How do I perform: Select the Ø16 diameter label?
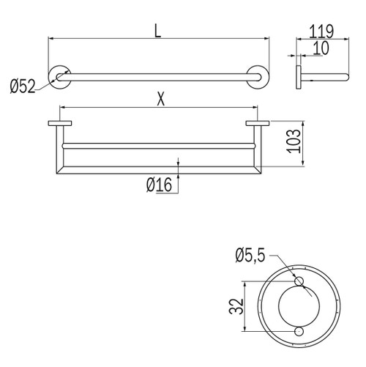(158, 185)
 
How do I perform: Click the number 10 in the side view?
(321, 48)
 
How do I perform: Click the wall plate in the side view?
(298, 77)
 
